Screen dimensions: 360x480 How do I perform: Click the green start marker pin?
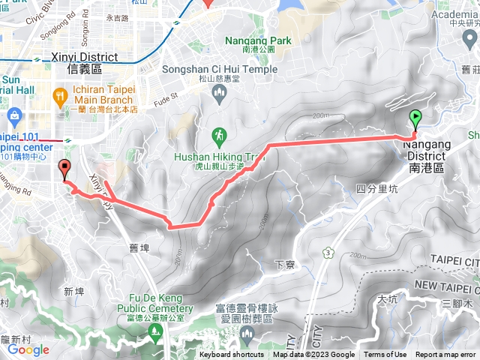pos(415,118)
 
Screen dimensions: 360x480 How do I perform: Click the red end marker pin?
pos(64,169)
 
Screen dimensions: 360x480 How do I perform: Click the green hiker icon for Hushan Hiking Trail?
pos(219,135)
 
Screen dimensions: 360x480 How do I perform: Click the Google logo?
pos(28,349)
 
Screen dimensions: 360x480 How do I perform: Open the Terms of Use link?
pos(385,355)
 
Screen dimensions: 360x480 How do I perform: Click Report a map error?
pos(446,355)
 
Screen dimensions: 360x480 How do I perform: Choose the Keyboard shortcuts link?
pos(231,355)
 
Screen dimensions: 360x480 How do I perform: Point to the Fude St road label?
pos(166,96)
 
